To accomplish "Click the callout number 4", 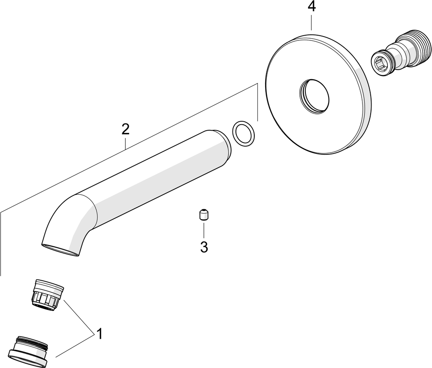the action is tap(311, 6).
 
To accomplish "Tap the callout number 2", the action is tap(125, 129).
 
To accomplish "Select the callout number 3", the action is tap(204, 247).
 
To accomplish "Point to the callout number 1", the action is tap(100, 334).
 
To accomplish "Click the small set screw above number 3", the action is tap(204, 215).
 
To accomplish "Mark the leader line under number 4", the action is tap(311, 22).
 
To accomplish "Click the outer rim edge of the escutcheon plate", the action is tap(364, 83).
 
